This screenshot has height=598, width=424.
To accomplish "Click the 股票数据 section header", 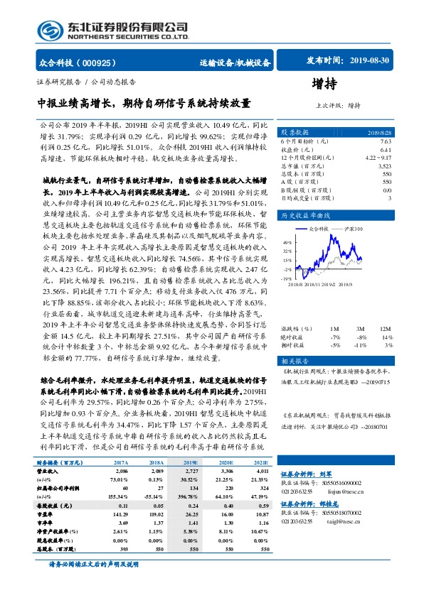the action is (293, 133).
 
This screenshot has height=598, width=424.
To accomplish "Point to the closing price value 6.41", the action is (386, 150).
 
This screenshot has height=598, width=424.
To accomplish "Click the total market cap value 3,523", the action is (383, 165).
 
